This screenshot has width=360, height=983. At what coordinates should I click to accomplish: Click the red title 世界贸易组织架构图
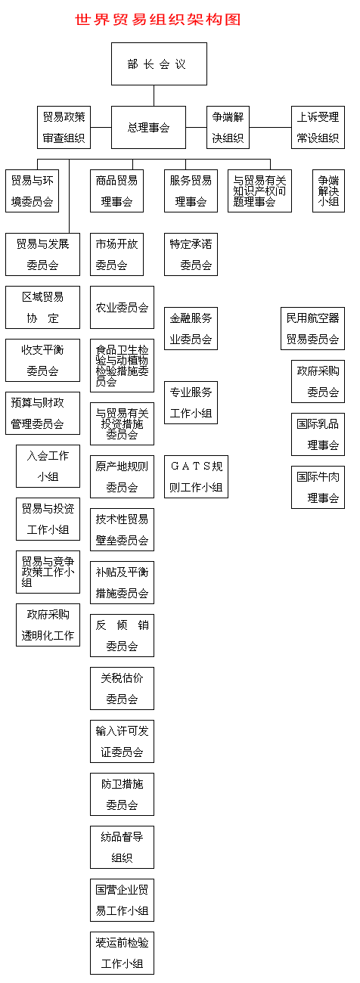(x=158, y=20)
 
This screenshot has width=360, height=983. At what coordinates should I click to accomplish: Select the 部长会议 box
(x=159, y=64)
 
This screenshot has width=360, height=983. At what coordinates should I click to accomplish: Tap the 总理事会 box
(x=148, y=127)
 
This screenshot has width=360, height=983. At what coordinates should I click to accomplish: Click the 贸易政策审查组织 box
(x=64, y=127)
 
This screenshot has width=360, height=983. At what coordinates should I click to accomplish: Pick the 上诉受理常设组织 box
(x=318, y=127)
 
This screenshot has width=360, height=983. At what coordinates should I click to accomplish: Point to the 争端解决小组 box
(x=328, y=191)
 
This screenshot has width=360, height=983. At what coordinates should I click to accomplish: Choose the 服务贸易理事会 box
(x=191, y=191)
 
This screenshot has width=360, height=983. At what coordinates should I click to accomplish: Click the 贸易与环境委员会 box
(x=32, y=191)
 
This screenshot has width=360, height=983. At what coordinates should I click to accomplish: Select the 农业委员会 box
(x=122, y=307)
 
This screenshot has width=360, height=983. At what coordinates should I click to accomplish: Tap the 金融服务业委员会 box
(x=191, y=328)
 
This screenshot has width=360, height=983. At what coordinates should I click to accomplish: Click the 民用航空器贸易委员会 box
(x=312, y=328)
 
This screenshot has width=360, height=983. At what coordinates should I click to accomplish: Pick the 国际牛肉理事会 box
(x=318, y=487)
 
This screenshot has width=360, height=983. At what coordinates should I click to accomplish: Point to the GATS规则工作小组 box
(x=196, y=476)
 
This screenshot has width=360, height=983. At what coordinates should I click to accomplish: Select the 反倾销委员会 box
(x=122, y=635)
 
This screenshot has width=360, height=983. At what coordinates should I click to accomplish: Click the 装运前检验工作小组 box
(x=122, y=953)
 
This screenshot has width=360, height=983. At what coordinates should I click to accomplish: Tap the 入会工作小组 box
(x=48, y=466)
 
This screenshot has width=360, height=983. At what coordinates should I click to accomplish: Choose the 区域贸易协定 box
(x=42, y=307)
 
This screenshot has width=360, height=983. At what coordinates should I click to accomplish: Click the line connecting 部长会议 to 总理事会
(x=154, y=96)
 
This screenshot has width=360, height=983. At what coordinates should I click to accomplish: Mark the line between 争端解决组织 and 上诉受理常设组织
(x=271, y=127)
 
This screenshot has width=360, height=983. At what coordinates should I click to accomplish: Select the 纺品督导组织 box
(x=122, y=847)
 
